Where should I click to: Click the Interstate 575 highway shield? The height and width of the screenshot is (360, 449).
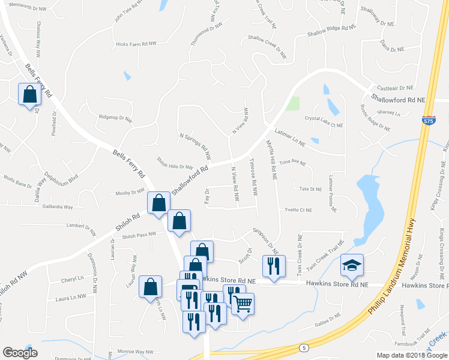(428, 121)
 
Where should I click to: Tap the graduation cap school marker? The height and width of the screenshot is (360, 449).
(352, 265)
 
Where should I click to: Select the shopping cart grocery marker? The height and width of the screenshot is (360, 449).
(243, 304)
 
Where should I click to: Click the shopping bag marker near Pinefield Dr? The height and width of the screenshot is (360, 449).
(30, 95)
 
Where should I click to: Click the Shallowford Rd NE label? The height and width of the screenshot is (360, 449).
(397, 98)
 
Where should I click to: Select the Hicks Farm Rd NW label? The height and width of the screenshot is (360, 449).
(136, 44)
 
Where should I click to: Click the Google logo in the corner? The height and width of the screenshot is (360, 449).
(20, 353)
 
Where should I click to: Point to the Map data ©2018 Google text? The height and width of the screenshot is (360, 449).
(412, 355)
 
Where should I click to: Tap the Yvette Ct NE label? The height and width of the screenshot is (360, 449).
(298, 210)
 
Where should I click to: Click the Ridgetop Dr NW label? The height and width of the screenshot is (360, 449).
(115, 118)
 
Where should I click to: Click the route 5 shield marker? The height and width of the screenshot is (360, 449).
(304, 347)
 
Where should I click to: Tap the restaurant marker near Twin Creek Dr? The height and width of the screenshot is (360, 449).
(274, 266)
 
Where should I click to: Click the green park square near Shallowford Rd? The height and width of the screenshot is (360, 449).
(292, 104)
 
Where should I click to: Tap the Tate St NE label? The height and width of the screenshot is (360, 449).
(311, 188)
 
